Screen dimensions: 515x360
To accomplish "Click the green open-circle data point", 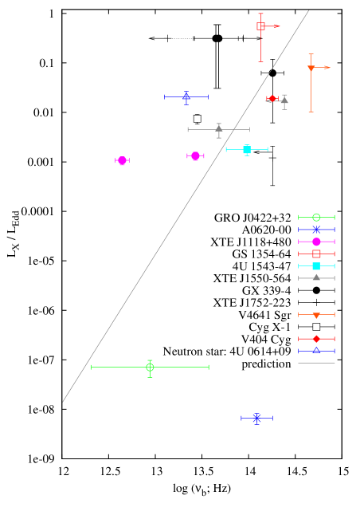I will (x=150, y=367).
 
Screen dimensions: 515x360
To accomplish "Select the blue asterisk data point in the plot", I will (x=256, y=418).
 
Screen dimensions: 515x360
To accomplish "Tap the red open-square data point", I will (x=260, y=26).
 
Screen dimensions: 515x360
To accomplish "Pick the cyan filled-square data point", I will (x=247, y=149).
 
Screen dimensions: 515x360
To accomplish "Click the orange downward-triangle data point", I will (x=311, y=69).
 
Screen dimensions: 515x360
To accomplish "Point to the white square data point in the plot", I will (x=198, y=119).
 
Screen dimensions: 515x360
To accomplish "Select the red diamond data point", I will (x=272, y=99).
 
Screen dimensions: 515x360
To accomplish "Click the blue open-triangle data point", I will (x=186, y=96).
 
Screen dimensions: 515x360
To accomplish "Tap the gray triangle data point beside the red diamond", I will (x=284, y=100).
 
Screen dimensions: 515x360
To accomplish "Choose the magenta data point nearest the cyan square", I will (x=195, y=156).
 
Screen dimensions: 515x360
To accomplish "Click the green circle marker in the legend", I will (x=316, y=217).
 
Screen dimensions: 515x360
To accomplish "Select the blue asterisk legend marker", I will (x=316, y=230).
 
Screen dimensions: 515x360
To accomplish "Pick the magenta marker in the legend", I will (x=316, y=242).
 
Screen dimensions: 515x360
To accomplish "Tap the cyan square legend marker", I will (x=316, y=266).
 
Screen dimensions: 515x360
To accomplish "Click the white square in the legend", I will (x=316, y=327).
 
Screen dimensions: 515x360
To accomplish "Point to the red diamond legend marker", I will (x=316, y=339).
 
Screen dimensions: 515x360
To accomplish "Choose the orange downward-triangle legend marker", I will (x=316, y=315).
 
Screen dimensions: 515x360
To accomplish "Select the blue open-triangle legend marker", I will (x=316, y=351).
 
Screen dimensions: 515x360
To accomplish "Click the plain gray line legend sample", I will (x=316, y=364).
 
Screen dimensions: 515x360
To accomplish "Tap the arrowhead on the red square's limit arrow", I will (x=276, y=26).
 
